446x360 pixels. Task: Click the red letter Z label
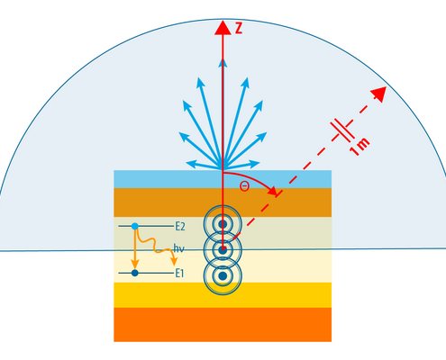[239, 28]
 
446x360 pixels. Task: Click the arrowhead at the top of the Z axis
[223, 28]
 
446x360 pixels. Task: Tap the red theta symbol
[244, 186]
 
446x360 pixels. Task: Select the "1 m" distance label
[360, 147]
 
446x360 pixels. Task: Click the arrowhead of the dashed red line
[379, 94]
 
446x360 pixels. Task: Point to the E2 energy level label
[180, 227]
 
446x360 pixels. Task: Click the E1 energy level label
[179, 274]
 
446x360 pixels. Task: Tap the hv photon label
[178, 248]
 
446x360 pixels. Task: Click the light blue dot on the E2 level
[135, 226]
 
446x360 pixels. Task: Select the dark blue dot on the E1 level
[135, 273]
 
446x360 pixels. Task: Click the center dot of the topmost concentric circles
[223, 224]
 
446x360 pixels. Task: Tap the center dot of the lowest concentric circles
[223, 276]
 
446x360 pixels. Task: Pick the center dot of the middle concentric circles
[223, 250]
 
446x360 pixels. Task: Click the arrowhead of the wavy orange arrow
[174, 262]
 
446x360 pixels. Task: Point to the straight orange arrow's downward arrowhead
[135, 265]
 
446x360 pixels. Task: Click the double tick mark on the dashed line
[342, 130]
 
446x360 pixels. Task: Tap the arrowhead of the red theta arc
[273, 191]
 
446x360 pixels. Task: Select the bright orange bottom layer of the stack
[223, 325]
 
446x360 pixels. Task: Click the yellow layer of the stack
[223, 295]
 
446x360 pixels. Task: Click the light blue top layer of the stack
[223, 179]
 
